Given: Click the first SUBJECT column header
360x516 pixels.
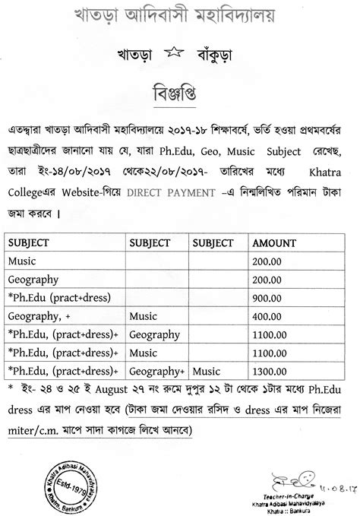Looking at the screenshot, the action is (28, 245).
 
